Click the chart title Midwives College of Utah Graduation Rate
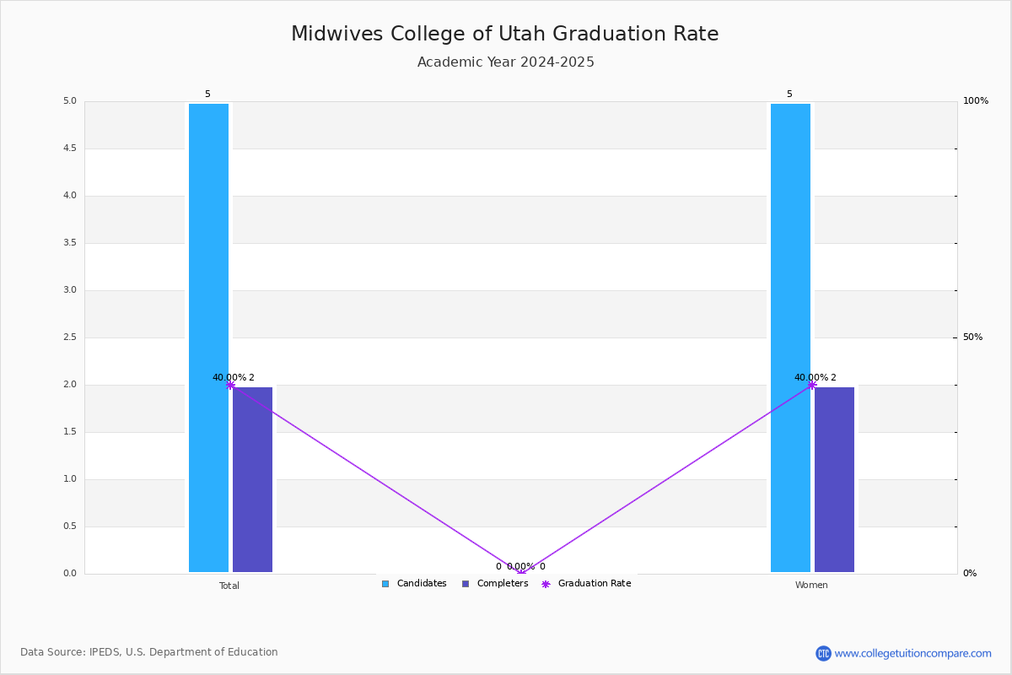(x=504, y=34)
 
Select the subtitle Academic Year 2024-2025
(x=505, y=62)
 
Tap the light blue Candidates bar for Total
(x=209, y=337)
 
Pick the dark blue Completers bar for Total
(x=252, y=479)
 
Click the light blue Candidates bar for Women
(x=791, y=337)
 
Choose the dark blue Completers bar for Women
(x=834, y=479)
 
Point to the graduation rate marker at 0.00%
(x=521, y=572)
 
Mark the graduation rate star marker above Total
(x=230, y=386)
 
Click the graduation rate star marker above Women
(x=812, y=386)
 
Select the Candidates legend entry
(x=414, y=584)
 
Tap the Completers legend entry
(x=495, y=584)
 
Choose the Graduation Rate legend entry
(x=586, y=584)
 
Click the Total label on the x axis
(x=229, y=586)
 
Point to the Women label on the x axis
(x=811, y=585)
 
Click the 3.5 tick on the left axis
(x=70, y=243)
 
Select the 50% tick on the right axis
(x=972, y=337)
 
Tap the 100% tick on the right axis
(x=976, y=100)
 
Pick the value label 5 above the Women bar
(x=789, y=94)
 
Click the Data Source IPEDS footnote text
(x=149, y=652)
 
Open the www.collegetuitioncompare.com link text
(x=912, y=654)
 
